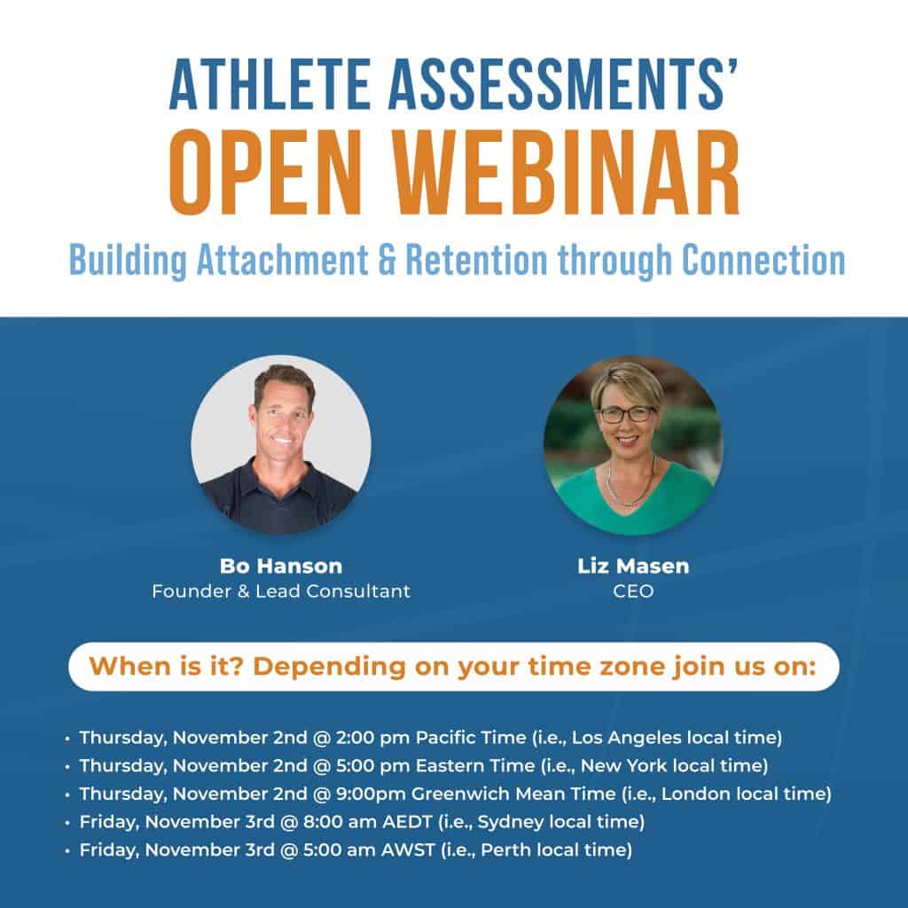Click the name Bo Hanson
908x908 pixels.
tap(280, 567)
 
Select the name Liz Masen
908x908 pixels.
tap(633, 567)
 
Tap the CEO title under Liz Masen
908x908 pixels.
tap(633, 591)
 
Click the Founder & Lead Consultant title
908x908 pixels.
tap(280, 591)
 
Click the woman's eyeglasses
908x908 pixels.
tap(628, 413)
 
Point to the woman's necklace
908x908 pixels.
tap(630, 490)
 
